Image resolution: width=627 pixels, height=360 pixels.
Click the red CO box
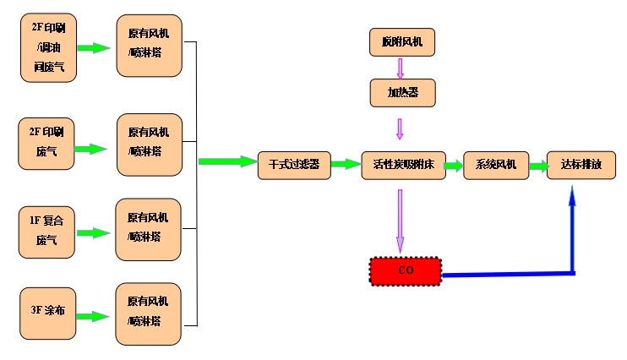405,270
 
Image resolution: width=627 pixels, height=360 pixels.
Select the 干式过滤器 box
294,165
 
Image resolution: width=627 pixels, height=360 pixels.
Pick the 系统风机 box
496,165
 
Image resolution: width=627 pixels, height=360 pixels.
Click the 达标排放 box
581,165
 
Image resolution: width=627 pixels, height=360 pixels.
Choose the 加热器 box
402,92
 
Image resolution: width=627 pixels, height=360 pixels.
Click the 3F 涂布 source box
48,315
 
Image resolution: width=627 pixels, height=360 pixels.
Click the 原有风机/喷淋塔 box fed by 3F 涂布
149,314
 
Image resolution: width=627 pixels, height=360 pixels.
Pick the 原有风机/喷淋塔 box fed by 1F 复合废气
149,228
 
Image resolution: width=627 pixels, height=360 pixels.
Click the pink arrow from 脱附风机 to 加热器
401,67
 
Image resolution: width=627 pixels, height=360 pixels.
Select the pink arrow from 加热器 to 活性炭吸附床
400,128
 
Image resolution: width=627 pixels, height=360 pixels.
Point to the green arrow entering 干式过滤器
227,161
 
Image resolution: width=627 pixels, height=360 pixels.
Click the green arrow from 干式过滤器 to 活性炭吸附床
346,165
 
